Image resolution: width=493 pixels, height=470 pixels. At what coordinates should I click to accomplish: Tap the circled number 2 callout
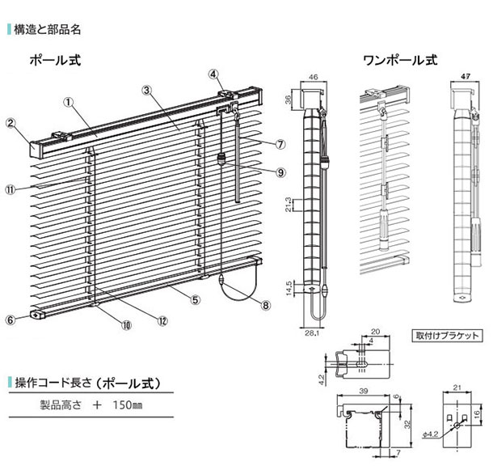click(x=11, y=124)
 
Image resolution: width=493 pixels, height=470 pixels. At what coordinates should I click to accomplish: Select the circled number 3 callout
click(x=147, y=90)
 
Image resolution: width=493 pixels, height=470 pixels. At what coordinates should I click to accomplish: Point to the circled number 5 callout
click(x=215, y=74)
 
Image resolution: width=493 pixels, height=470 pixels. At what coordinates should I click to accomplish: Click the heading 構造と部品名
click(x=48, y=30)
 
